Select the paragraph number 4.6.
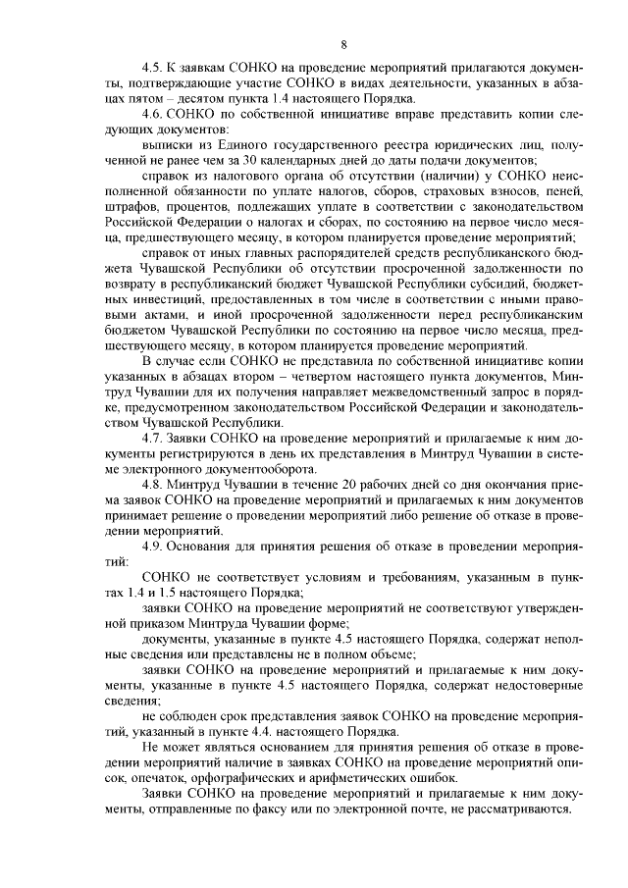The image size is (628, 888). pos(154,114)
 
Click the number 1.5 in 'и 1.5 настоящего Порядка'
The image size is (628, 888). pos(159,594)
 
